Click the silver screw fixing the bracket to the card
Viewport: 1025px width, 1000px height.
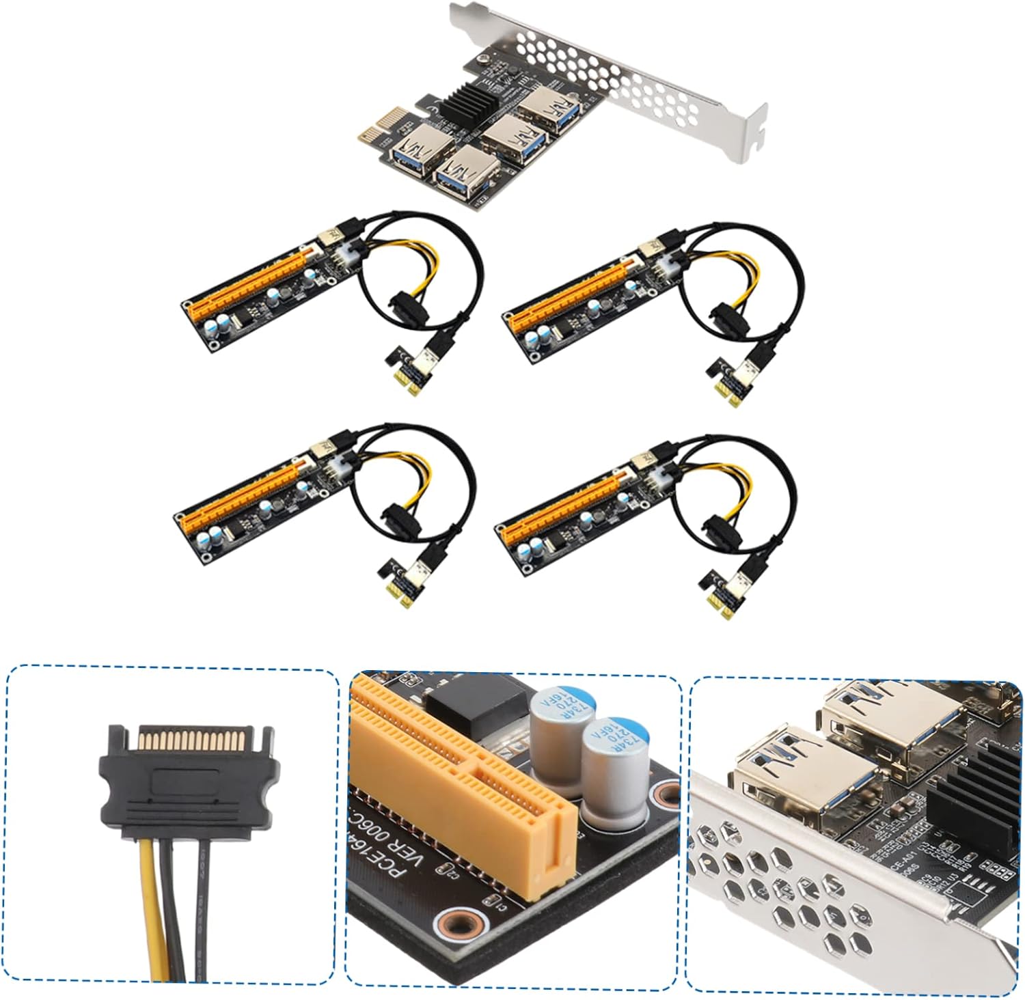click(x=484, y=63)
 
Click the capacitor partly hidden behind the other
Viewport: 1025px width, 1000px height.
click(x=560, y=724)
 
